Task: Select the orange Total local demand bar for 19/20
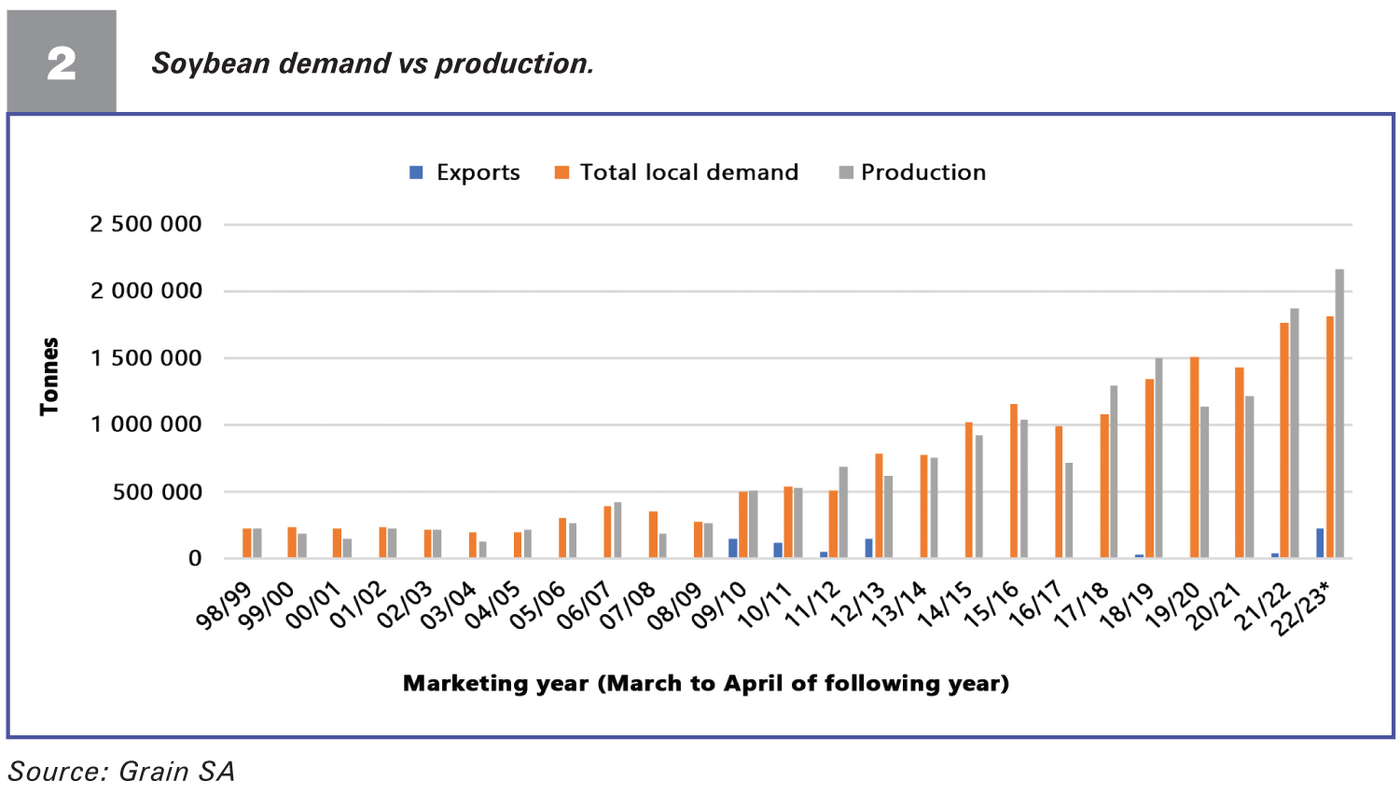point(1194,457)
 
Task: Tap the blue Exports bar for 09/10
point(733,549)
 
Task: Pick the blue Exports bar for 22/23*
point(1320,543)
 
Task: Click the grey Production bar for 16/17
point(1069,510)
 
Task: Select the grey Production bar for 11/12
point(843,512)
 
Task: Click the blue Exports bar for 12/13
point(868,549)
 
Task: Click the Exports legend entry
point(464,173)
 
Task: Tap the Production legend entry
point(912,173)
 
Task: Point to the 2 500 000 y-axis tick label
point(146,224)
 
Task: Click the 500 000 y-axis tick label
point(157,492)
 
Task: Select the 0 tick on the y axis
point(194,559)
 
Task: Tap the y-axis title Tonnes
point(49,376)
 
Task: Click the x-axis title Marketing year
point(705,683)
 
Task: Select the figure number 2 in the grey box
point(62,63)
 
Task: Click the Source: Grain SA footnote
point(121,772)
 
